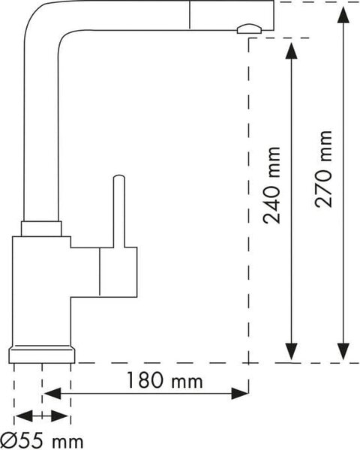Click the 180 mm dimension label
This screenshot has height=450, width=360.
[164, 380]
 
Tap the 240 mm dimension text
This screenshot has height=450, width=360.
[271, 185]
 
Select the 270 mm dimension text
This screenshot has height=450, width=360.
[323, 169]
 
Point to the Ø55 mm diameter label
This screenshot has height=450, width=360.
[42, 441]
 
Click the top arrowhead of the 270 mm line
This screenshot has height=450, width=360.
[343, 15]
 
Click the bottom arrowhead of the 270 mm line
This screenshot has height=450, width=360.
[343, 351]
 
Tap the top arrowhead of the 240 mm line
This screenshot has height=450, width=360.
[292, 50]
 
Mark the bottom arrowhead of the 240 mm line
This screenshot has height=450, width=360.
[292, 351]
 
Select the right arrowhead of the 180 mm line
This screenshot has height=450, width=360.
[240, 393]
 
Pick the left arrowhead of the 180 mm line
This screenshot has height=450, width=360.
[52, 393]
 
